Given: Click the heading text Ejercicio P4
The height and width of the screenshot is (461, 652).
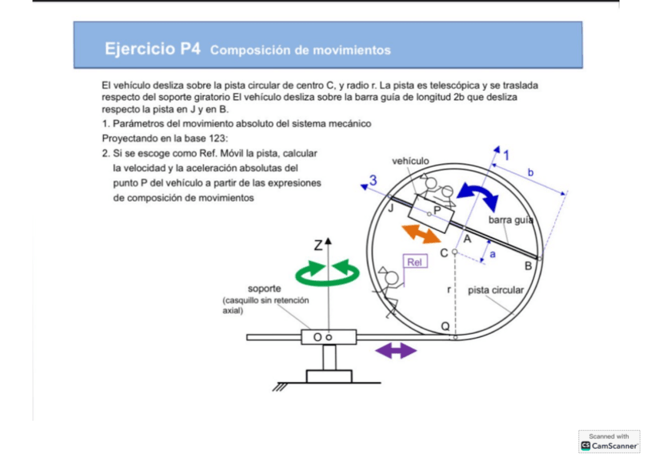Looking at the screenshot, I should click(x=153, y=49).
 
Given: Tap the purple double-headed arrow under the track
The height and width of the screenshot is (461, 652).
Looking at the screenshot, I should click(x=395, y=351).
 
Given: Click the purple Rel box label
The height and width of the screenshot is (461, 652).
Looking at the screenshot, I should click(x=415, y=262).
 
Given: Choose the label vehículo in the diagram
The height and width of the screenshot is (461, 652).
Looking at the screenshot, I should click(x=411, y=161).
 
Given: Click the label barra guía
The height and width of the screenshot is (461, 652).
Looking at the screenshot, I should click(x=511, y=221).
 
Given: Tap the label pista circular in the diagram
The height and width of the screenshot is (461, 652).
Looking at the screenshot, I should click(x=496, y=290).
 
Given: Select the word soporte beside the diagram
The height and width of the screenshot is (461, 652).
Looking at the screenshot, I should click(x=264, y=289).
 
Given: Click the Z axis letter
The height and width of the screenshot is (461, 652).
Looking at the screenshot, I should click(x=318, y=246).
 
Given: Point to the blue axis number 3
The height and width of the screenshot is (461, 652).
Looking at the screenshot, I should click(x=373, y=181).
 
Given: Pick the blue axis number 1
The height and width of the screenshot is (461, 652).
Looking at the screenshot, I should click(x=505, y=155).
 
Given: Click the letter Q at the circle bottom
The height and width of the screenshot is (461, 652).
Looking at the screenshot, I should click(x=445, y=326).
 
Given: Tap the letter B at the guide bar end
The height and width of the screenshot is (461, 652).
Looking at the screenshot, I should click(x=528, y=266).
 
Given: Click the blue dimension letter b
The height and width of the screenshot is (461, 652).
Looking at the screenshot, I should click(x=531, y=172).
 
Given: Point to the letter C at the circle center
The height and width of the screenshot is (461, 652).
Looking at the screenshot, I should click(x=444, y=252).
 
